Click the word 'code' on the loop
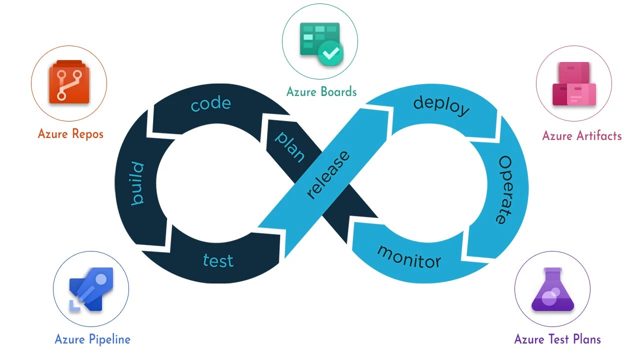pos(210,104)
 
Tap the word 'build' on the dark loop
pos(136,183)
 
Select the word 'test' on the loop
pos(218,260)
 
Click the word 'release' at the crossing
pos(328,174)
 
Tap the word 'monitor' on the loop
pos(409,256)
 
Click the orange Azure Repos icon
pos(69,82)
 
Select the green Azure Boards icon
pos(320,42)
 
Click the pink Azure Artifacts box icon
pos(574,84)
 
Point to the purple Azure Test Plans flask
pos(552,289)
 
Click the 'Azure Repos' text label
pos(70,134)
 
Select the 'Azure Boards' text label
pos(321,91)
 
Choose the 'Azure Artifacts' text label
pos(582,136)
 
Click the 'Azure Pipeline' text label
pos(92,339)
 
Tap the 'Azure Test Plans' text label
pos(557,339)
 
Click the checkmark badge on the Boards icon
pos(330,52)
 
